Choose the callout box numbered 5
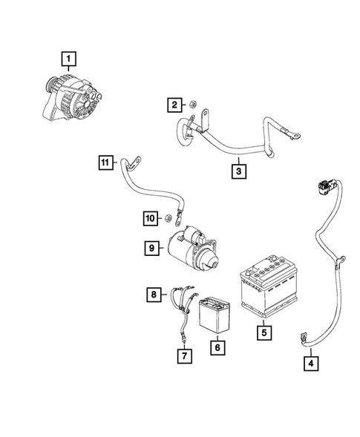[264, 332]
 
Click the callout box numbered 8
[154, 295]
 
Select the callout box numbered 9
[152, 248]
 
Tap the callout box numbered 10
[151, 218]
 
